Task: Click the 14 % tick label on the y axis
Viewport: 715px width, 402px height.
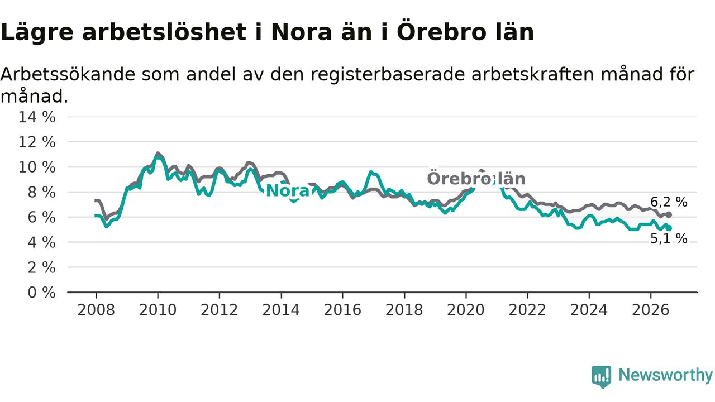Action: (37, 117)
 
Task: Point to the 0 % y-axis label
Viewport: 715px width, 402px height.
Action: (42, 293)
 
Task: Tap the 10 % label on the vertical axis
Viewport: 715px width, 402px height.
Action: (37, 167)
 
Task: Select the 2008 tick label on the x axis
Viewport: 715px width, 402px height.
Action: (96, 310)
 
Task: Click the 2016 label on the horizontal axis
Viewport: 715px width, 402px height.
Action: (342, 310)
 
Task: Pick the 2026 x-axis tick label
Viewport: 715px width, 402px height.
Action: (651, 310)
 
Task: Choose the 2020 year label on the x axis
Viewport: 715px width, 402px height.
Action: (466, 310)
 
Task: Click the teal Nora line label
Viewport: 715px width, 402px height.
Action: (288, 191)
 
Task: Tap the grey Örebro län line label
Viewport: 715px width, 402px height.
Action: (476, 178)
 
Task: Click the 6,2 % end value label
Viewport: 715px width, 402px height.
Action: (669, 202)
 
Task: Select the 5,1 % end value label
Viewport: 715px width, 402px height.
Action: (669, 238)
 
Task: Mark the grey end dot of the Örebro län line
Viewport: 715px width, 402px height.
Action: (669, 215)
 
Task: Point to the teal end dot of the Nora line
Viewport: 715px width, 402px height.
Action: (669, 228)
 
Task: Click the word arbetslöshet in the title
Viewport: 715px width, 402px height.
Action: (164, 32)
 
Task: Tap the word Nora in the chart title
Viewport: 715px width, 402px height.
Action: (302, 32)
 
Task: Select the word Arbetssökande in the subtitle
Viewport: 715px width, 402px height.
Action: (68, 74)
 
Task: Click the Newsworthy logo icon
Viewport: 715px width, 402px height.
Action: (602, 377)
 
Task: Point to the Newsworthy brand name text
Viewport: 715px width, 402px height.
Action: (665, 375)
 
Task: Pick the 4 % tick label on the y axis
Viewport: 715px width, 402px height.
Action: (42, 242)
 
